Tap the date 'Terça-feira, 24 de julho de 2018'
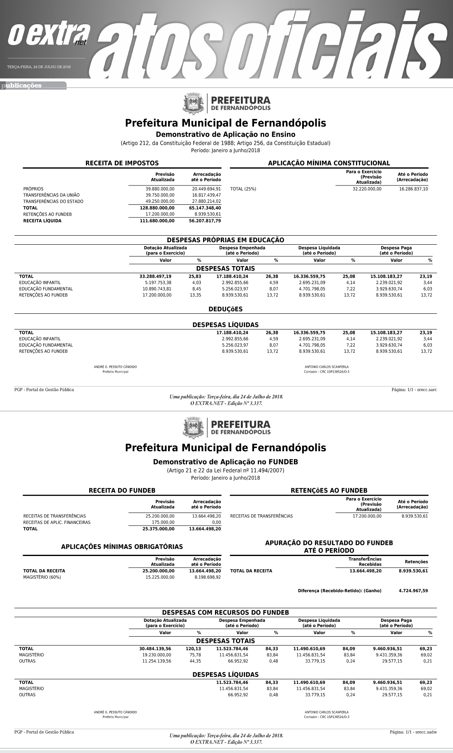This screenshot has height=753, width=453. [39, 67]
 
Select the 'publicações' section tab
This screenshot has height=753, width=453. [23, 86]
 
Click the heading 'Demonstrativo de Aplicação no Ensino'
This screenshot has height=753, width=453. [225, 134]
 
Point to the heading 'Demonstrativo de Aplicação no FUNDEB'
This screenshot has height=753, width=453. [225, 462]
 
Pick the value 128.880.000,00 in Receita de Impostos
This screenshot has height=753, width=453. [157, 208]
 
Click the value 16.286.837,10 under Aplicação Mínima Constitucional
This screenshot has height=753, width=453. [413, 189]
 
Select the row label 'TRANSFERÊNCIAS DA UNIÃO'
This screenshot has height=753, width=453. [51, 195]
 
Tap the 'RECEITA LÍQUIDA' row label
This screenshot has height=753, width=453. [42, 221]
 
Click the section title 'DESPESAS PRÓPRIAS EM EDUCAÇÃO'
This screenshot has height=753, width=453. [225, 240]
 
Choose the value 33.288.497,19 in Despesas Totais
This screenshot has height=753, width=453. [155, 276]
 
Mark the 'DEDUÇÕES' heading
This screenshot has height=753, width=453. [225, 309]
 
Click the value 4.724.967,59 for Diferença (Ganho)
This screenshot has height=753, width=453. [413, 591]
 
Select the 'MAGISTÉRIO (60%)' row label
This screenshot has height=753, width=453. [42, 577]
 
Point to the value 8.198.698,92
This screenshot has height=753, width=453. [207, 577]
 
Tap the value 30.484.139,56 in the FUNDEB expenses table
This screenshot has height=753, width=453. [155, 649]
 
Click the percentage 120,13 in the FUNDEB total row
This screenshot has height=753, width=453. [193, 649]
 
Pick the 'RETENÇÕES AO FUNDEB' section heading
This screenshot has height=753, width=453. [329, 491]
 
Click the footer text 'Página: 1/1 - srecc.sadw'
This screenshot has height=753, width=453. [413, 732]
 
